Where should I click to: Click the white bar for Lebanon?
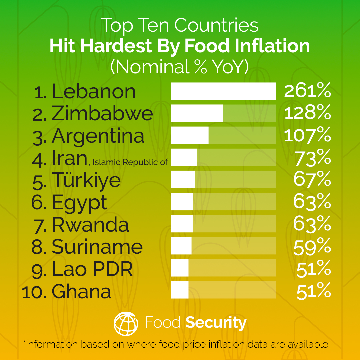(223, 91)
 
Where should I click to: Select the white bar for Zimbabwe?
(197, 113)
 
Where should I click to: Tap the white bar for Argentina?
(189, 135)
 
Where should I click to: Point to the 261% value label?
(307, 91)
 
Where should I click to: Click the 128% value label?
(307, 113)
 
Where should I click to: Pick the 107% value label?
(307, 135)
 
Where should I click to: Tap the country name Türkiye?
(86, 180)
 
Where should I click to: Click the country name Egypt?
(80, 202)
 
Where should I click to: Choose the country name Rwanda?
(90, 224)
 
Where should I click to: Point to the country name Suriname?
(97, 247)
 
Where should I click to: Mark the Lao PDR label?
(92, 269)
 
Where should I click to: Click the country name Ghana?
(81, 291)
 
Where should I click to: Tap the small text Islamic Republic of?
(130, 162)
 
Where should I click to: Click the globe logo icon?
(126, 323)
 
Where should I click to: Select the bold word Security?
(216, 323)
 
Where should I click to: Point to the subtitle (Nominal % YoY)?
(180, 66)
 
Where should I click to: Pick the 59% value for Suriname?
(312, 247)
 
